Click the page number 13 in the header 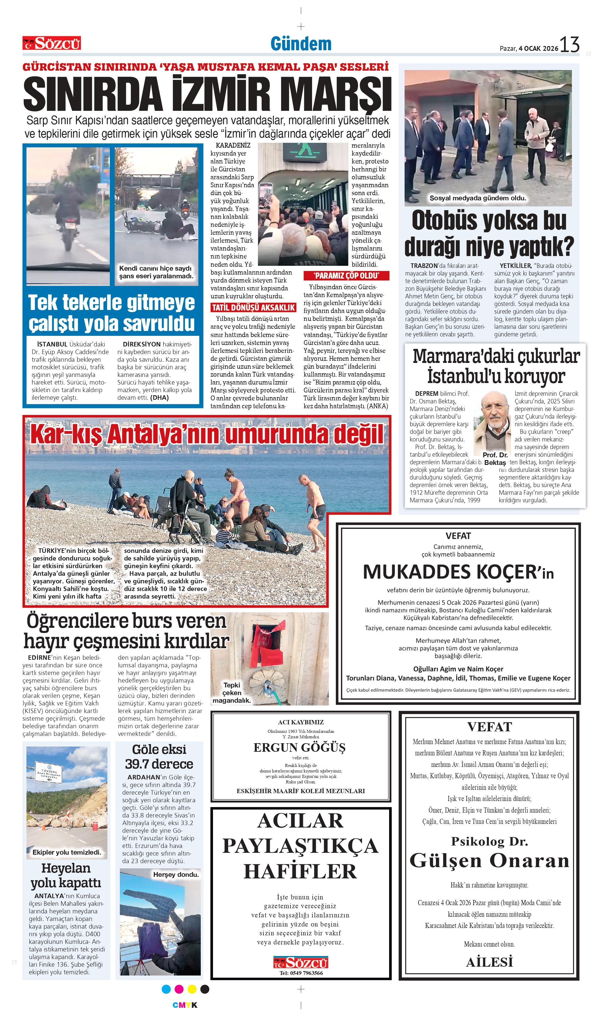pyautogui.click(x=570, y=45)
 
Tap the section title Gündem pyautogui.click(x=301, y=44)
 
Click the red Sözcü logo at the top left pyautogui.click(x=51, y=43)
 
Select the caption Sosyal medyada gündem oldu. pyautogui.click(x=478, y=198)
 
